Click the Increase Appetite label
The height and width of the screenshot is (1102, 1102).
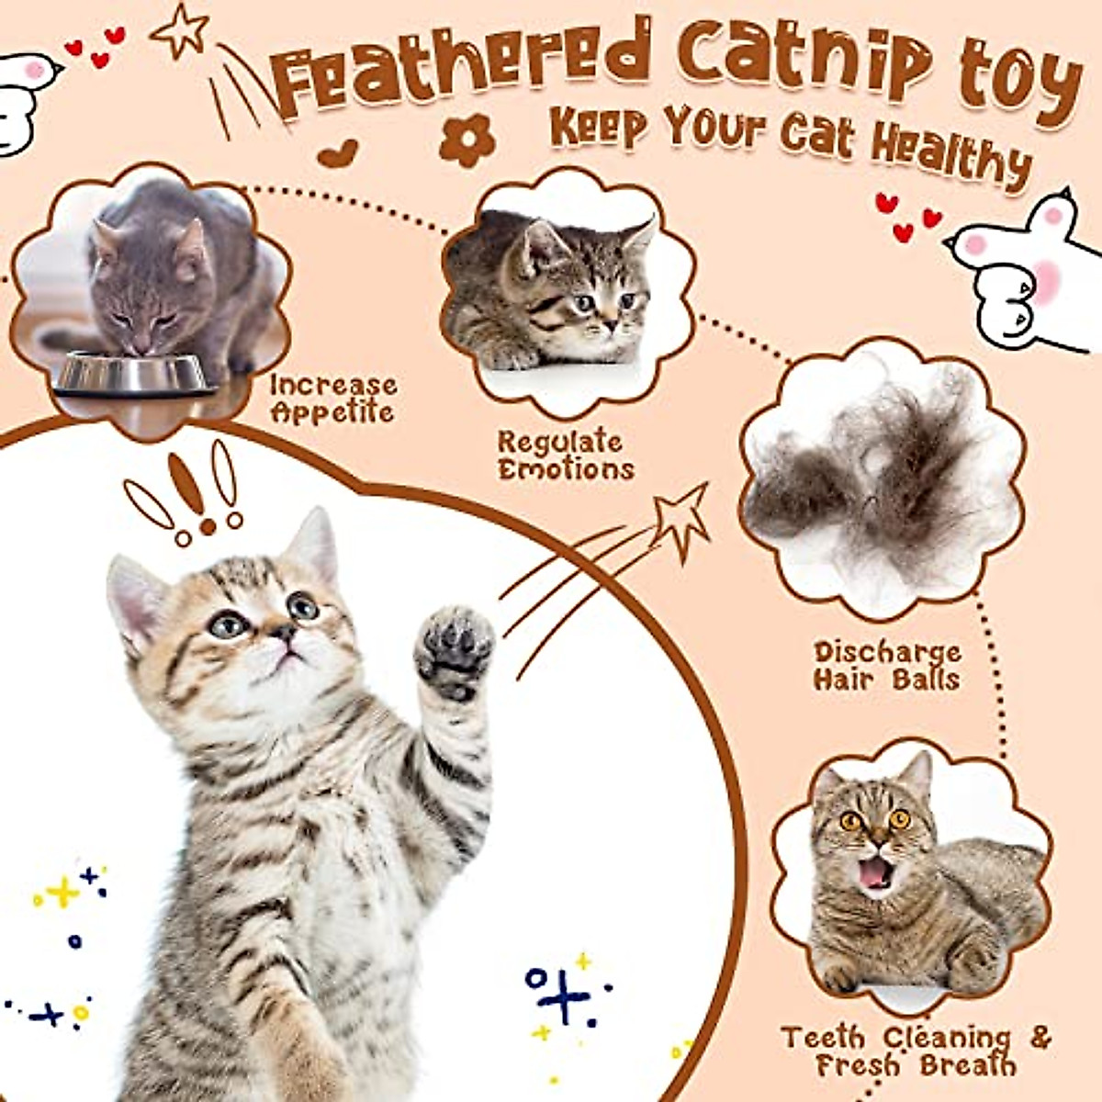332,399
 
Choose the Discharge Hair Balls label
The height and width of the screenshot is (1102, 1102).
887,666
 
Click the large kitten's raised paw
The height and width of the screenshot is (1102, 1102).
454,648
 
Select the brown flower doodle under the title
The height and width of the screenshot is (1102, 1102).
467,141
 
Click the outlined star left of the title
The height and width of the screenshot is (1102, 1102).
181,31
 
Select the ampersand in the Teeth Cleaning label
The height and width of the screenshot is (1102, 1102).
1039,1038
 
